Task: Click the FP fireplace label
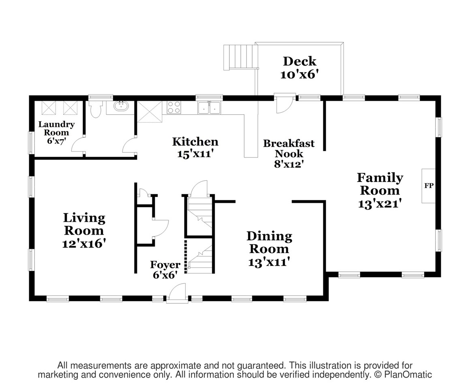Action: pyautogui.click(x=429, y=186)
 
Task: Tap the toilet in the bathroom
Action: pyautogui.click(x=96, y=109)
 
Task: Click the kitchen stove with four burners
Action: pyautogui.click(x=174, y=107)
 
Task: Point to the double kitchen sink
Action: pyautogui.click(x=209, y=107)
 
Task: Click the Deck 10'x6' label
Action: pyautogui.click(x=299, y=68)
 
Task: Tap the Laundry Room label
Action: pyautogui.click(x=56, y=128)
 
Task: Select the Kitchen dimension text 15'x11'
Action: pyautogui.click(x=195, y=154)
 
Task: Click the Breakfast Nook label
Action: pyautogui.click(x=289, y=148)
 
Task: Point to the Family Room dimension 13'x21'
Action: pyautogui.click(x=380, y=204)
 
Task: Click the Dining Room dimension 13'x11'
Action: pyautogui.click(x=269, y=262)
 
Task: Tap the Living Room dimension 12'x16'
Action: pyautogui.click(x=84, y=243)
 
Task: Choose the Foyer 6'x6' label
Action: pyautogui.click(x=165, y=270)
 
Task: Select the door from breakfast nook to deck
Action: pyautogui.click(x=284, y=104)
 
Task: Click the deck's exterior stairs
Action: pyautogui.click(x=241, y=57)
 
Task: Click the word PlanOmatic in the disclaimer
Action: pyautogui.click(x=408, y=374)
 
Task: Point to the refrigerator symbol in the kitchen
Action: pyautogui.click(x=150, y=112)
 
